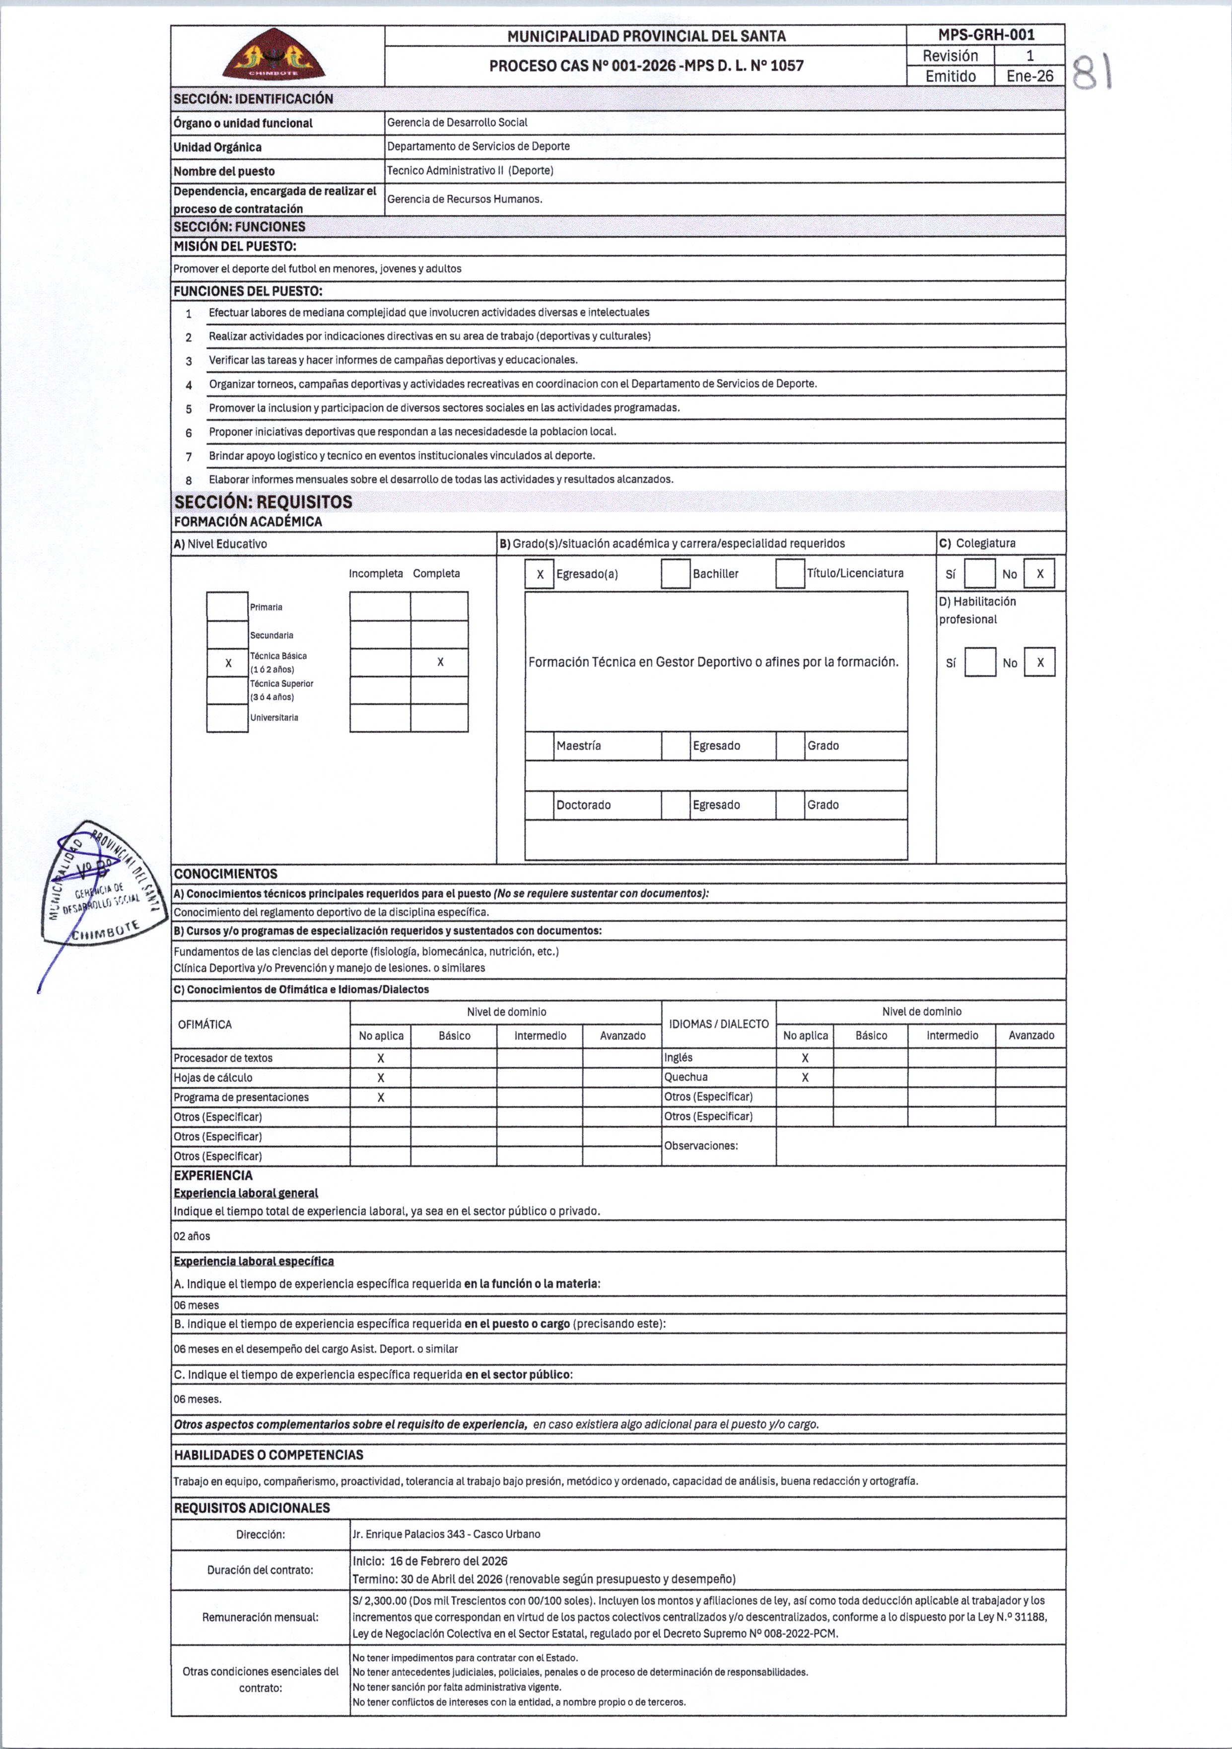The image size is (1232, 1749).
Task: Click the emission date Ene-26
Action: [x=1029, y=76]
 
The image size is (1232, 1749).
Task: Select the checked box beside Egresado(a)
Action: [x=540, y=574]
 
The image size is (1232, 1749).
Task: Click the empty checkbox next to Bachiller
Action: [x=675, y=574]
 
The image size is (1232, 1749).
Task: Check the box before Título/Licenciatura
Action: [x=790, y=574]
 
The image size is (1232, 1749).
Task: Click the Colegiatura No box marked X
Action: [x=1039, y=574]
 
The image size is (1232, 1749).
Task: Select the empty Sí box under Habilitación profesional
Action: [x=980, y=663]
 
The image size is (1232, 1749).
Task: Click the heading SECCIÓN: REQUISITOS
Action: [x=263, y=502]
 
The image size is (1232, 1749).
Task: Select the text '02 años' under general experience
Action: [x=191, y=1236]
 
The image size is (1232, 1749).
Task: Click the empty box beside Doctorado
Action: [x=540, y=805]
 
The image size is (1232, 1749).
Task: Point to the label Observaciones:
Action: [x=700, y=1145]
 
